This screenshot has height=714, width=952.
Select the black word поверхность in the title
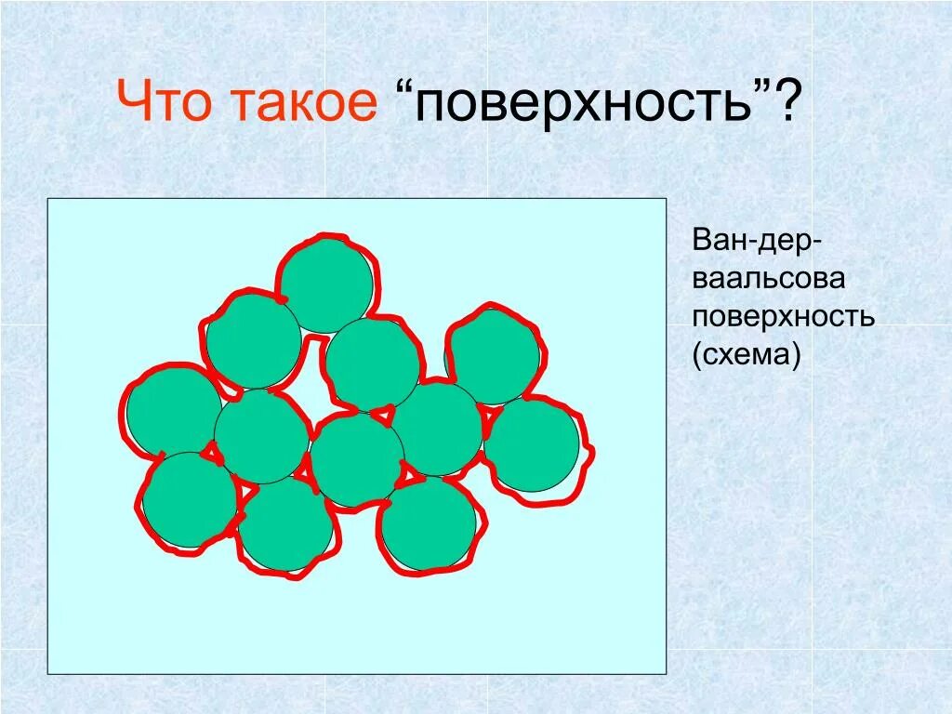point(584,104)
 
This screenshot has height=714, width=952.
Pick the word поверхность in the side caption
point(783,317)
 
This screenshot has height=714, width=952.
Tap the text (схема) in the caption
point(746,354)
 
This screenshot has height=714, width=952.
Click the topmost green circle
point(326,284)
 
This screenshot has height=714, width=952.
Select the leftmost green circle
point(174,411)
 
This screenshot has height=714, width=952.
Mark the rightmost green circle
point(532,444)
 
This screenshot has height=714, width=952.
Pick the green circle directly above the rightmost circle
point(493,357)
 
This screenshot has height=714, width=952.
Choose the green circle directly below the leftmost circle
point(190,499)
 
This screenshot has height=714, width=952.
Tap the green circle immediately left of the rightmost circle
point(436,428)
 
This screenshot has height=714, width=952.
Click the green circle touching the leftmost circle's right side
point(261,436)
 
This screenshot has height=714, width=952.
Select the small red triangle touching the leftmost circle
point(213,453)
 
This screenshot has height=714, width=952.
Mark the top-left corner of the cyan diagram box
point(48,199)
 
